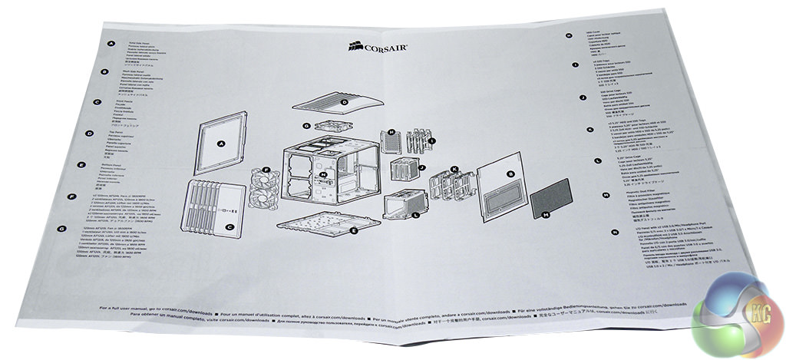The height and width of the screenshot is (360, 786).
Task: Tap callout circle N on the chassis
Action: click(x=324, y=174)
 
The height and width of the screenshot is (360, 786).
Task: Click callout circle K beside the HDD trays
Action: click(x=454, y=169)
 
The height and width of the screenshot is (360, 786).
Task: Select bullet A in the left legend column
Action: click(x=112, y=45)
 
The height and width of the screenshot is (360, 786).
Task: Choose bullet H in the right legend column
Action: click(x=569, y=35)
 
